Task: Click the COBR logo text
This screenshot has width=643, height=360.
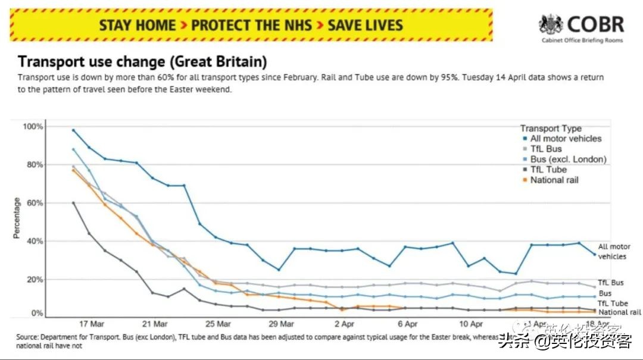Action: pyautogui.click(x=595, y=24)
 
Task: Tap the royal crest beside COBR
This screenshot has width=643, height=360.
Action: pyautogui.click(x=551, y=25)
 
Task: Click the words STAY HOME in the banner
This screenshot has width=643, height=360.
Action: pyautogui.click(x=137, y=26)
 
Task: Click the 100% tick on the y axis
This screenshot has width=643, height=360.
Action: pyautogui.click(x=33, y=127)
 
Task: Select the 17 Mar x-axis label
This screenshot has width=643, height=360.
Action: pyautogui.click(x=92, y=324)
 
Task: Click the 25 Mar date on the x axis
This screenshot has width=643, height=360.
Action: pyautogui.click(x=218, y=324)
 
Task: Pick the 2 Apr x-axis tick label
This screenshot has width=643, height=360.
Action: pyautogui.click(x=344, y=324)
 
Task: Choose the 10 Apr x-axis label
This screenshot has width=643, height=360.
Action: pyautogui.click(x=471, y=324)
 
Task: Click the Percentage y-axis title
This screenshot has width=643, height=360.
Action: pyautogui.click(x=17, y=218)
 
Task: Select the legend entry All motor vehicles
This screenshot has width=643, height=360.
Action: pyautogui.click(x=566, y=139)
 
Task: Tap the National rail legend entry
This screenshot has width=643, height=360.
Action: pyautogui.click(x=554, y=180)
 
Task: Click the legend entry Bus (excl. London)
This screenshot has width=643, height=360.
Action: pyautogui.click(x=568, y=159)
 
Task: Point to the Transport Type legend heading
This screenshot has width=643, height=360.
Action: pyautogui.click(x=551, y=129)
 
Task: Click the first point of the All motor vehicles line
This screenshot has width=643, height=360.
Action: pyautogui.click(x=73, y=130)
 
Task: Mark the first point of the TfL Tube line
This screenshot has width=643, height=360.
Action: pyautogui.click(x=73, y=203)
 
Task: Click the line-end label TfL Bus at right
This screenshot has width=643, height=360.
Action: pyautogui.click(x=611, y=283)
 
